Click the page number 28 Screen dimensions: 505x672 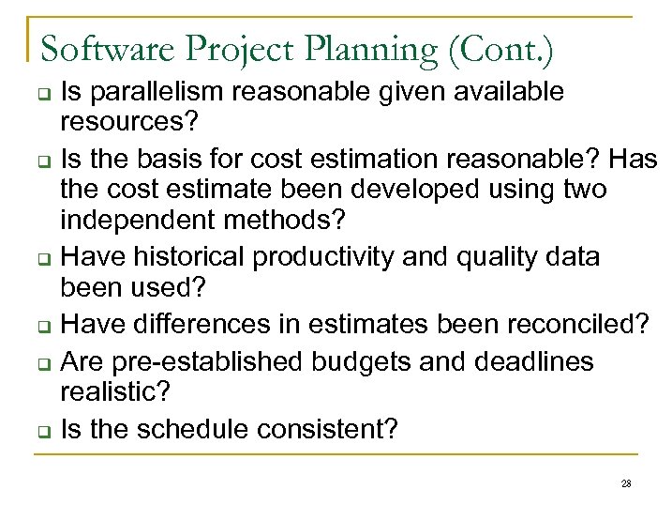click(x=626, y=483)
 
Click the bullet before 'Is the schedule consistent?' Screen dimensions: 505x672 click(x=43, y=432)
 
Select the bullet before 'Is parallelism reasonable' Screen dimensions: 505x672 click(x=43, y=93)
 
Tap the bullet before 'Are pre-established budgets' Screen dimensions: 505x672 click(x=43, y=362)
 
